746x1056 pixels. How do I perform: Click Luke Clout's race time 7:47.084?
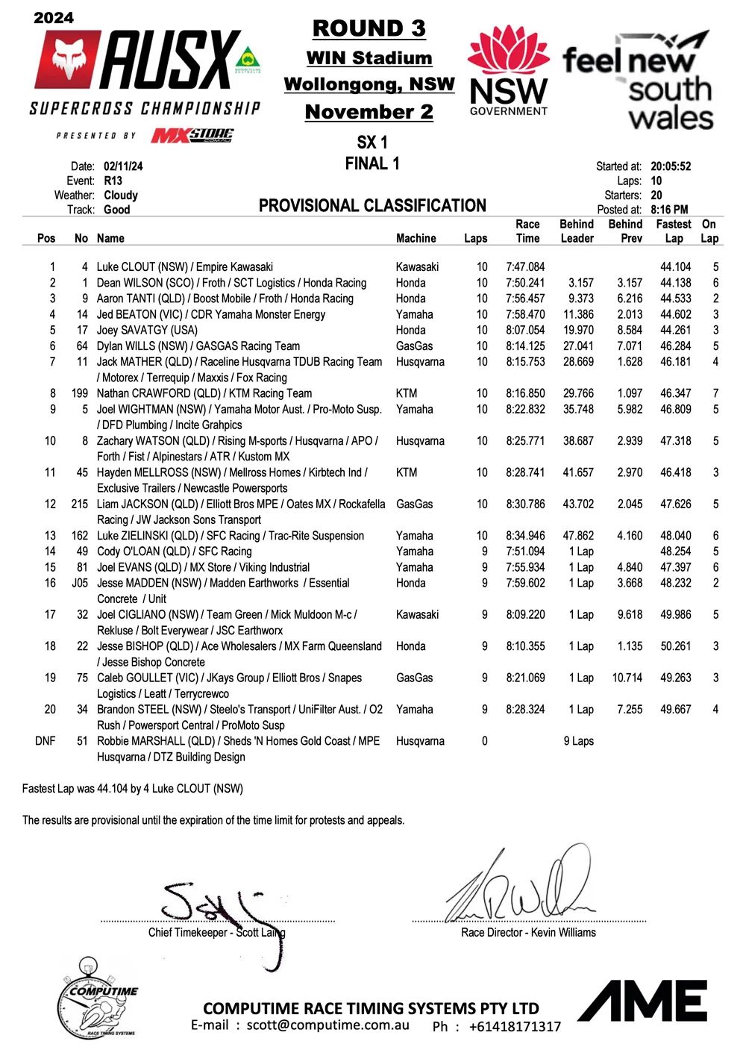[525, 267]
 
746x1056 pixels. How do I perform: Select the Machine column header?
[416, 239]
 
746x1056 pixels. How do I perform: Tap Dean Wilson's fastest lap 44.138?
[675, 283]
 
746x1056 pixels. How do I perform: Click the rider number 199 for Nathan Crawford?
[80, 393]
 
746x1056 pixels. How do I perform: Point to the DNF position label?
[46, 741]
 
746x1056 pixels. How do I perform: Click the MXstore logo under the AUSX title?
[192, 136]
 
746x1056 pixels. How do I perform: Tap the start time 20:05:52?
[671, 166]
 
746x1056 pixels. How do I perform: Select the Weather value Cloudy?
[121, 196]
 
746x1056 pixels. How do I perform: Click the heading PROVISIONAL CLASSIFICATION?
[372, 206]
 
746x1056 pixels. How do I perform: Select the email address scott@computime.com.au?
[328, 1025]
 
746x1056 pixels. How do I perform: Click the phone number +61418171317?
[515, 1027]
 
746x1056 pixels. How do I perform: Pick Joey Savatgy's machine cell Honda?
[411, 330]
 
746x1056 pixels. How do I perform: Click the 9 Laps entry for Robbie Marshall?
[578, 741]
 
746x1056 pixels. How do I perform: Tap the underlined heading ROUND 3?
[369, 28]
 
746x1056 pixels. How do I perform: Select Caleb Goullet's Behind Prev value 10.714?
[627, 678]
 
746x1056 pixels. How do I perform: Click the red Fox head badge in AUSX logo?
[67, 60]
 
